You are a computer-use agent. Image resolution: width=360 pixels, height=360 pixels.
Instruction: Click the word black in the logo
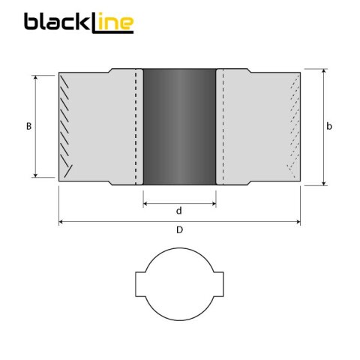click(56, 22)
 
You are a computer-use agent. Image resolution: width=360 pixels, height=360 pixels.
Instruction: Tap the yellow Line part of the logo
click(112, 23)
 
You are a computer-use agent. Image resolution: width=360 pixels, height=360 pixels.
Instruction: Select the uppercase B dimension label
click(28, 127)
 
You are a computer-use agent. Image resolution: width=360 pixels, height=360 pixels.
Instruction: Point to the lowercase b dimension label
click(329, 127)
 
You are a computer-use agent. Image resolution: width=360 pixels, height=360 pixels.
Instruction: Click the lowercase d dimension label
click(178, 211)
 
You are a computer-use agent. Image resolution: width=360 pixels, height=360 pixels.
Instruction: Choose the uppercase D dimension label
click(178, 230)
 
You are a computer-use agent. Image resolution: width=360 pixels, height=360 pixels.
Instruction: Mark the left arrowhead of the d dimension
click(145, 202)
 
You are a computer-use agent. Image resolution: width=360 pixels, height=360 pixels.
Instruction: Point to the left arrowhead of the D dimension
click(61, 222)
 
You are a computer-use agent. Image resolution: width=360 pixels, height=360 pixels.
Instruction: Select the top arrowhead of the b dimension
click(324, 72)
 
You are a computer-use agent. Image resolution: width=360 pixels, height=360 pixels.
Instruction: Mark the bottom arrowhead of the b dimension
click(324, 182)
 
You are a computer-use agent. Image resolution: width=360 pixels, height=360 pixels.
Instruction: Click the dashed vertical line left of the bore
click(136, 127)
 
